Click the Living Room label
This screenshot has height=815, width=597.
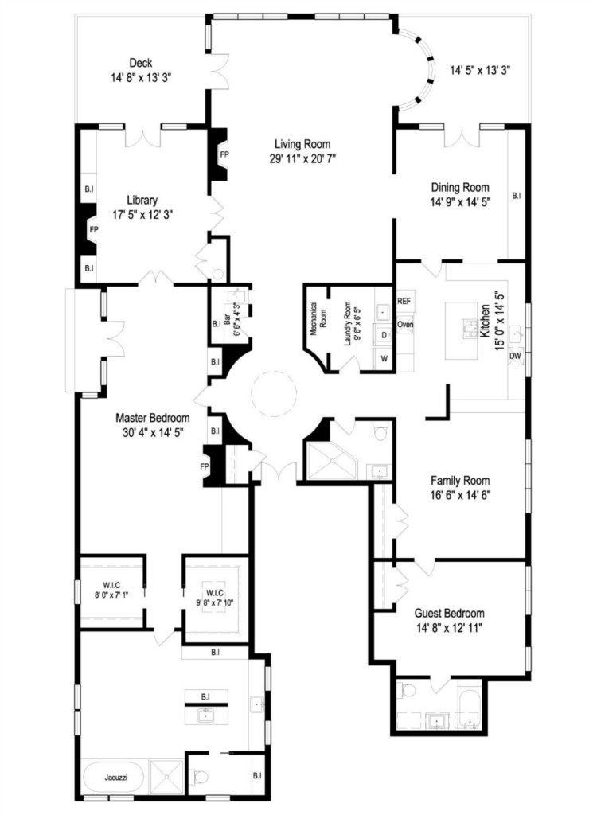tap(302, 144)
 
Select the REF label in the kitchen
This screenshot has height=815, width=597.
tap(404, 301)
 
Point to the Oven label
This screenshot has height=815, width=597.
tap(405, 325)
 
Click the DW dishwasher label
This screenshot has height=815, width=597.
tap(515, 356)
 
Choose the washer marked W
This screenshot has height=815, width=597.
tap(384, 358)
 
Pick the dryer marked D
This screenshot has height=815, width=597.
tap(384, 335)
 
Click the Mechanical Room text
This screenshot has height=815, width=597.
tap(318, 318)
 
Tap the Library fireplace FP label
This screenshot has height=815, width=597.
tap(94, 228)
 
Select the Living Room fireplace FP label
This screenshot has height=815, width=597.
tap(224, 154)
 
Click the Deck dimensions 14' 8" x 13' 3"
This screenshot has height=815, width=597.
tap(141, 78)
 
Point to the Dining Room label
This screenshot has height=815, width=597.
tap(460, 187)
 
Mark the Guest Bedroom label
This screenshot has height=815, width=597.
tap(449, 614)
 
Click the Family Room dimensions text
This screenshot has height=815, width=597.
tap(460, 495)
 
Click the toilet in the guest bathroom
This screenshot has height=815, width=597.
tap(408, 691)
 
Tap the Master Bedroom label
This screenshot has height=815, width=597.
tap(152, 418)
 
